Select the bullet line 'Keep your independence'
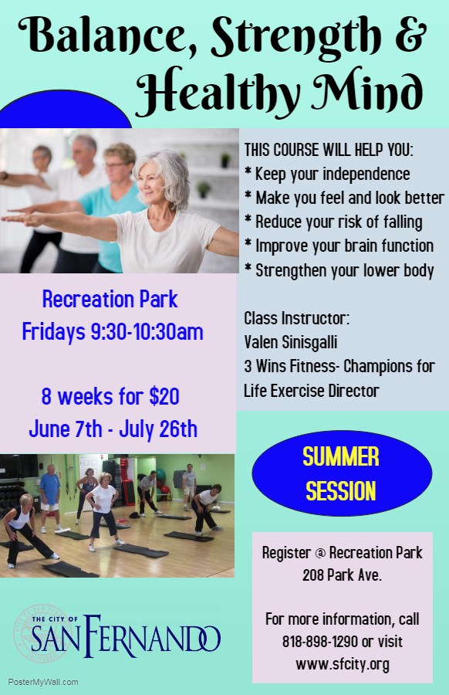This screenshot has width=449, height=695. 328,174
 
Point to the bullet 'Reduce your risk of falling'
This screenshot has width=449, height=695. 333,222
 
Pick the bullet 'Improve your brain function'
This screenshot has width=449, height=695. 339,246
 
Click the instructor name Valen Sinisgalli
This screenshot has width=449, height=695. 291,342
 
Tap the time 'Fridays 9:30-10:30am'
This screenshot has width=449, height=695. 113,332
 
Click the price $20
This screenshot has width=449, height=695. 164,396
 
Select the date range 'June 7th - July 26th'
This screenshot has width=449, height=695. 113,429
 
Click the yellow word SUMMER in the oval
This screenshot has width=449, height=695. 341,456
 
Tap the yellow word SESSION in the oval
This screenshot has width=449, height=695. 341,491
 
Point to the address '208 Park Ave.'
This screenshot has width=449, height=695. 342,575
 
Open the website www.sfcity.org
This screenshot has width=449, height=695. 343,664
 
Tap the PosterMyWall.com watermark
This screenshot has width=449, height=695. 43,682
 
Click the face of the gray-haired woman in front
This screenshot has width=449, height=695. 152,182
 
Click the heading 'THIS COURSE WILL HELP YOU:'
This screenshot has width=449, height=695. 329,150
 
